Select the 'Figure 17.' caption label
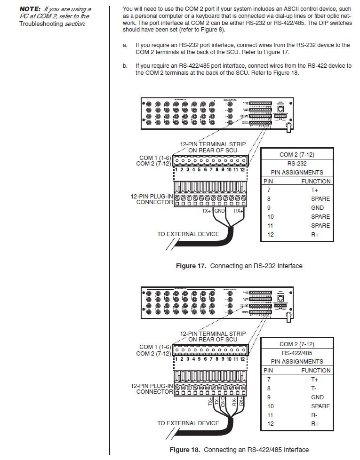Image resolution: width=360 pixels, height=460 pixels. (191, 266)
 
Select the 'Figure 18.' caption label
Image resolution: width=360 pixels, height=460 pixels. (185, 450)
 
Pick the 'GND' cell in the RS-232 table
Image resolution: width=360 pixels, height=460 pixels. (317, 207)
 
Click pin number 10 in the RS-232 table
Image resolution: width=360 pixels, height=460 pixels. (271, 216)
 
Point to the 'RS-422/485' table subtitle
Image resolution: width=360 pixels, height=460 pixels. (296, 353)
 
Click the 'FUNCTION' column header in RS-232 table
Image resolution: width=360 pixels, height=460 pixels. (316, 181)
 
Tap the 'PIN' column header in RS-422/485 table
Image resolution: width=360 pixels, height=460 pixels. (268, 370)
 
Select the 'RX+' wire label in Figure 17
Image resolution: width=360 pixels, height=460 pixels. (239, 211)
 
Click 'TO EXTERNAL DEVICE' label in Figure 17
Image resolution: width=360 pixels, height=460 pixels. (188, 234)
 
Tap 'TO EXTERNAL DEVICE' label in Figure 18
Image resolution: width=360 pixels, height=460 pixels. (188, 423)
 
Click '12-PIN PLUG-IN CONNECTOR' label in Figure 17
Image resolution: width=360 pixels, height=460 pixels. (152, 199)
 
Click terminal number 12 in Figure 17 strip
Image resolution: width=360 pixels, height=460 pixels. (242, 170)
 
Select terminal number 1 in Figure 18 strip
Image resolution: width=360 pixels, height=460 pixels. (176, 359)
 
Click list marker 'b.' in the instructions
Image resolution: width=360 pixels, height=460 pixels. (125, 66)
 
